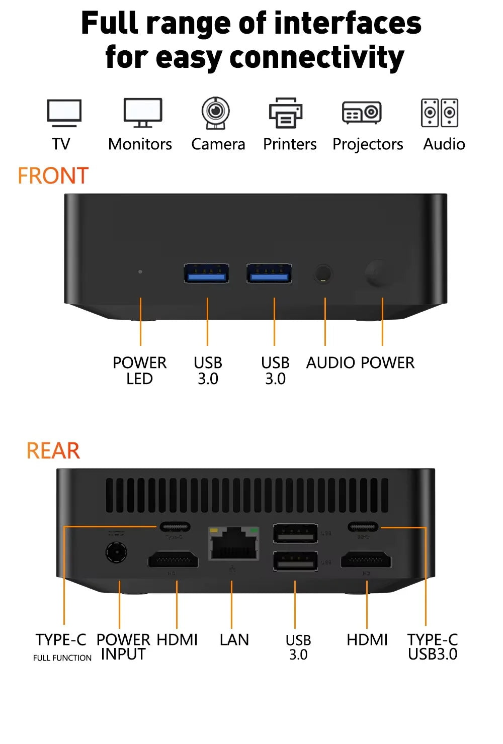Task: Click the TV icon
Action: coord(64,113)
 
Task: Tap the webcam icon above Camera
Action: coord(216,113)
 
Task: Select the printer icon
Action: coord(285,113)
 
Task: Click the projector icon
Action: coord(362,113)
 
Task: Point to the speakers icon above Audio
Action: coord(440,113)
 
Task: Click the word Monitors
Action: coord(140,144)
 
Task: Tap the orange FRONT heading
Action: coord(53,176)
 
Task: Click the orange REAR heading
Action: coord(53,450)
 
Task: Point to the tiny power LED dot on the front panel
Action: coord(140,271)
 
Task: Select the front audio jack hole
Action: coord(323,274)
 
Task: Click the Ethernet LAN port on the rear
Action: coord(234,544)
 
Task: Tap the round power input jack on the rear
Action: coord(116,552)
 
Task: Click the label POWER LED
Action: coord(139,370)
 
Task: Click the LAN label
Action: coord(234,640)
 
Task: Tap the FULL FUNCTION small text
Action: coord(62,658)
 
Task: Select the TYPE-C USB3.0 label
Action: coord(433,647)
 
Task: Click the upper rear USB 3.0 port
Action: coord(295,533)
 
